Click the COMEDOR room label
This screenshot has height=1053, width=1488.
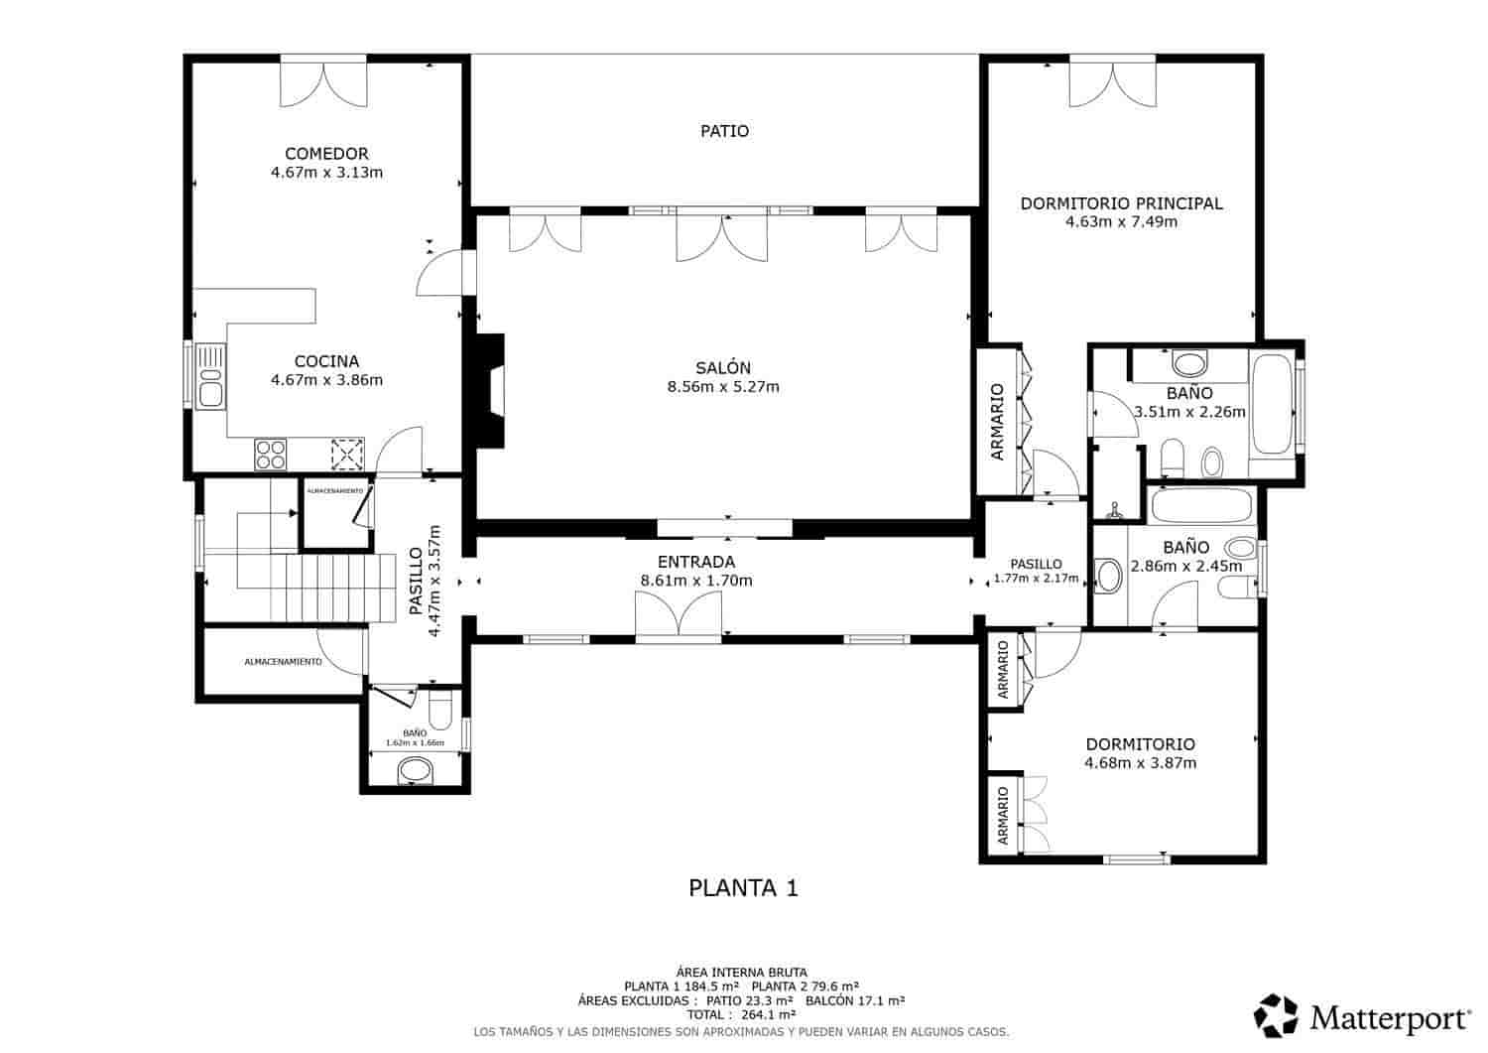point(326,154)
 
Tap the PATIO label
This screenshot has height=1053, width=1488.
point(724,131)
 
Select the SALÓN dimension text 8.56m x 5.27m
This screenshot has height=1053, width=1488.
point(723,387)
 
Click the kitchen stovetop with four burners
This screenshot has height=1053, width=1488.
point(271,454)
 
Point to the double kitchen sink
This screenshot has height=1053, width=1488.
point(209,375)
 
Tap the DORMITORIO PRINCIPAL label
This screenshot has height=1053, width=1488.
point(1121,203)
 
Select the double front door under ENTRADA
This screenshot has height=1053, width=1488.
point(679,615)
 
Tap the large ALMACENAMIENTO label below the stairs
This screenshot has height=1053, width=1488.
point(283,662)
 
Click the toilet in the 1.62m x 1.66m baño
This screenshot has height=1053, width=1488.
point(440,710)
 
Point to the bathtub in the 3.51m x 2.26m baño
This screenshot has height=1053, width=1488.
point(1273,404)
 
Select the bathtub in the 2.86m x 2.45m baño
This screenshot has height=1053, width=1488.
point(1201,506)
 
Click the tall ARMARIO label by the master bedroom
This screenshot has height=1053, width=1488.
point(998,422)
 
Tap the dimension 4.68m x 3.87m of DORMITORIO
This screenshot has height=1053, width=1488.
point(1140,763)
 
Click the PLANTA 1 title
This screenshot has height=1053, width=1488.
point(743,888)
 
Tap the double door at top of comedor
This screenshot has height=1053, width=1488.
point(323,82)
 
